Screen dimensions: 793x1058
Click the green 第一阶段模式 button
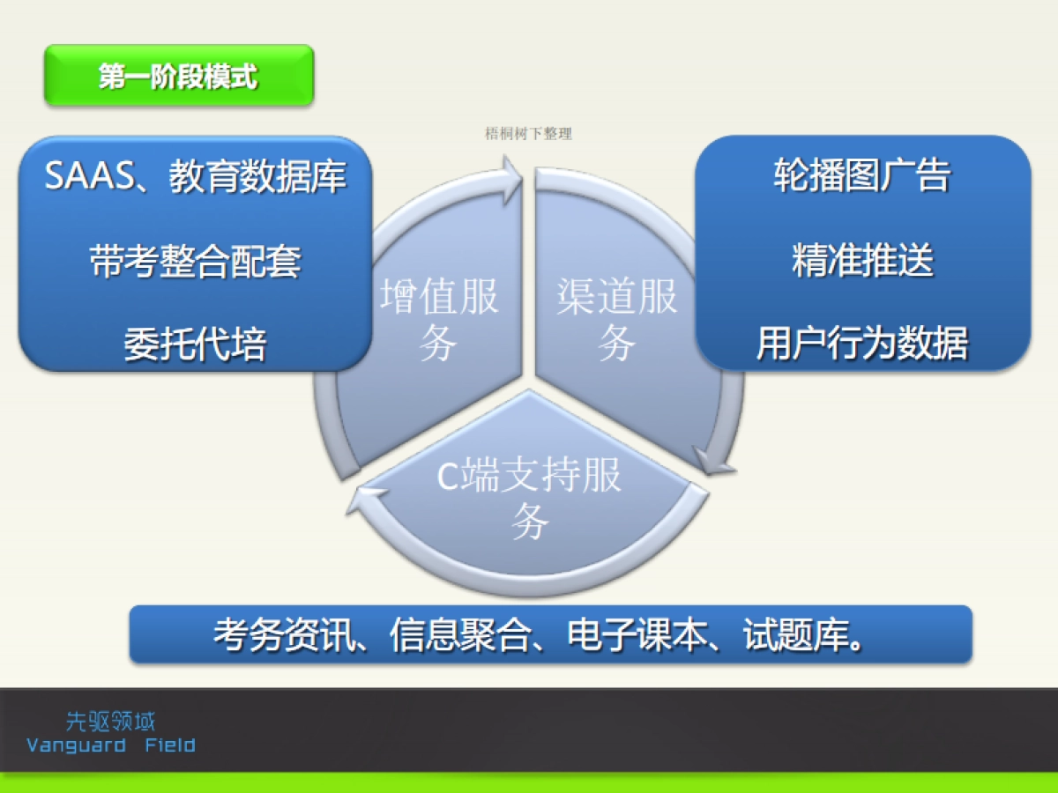179,77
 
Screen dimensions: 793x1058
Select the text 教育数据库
258,176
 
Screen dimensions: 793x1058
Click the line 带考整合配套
195,261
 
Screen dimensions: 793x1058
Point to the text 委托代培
195,344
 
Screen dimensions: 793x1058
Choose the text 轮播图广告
862,176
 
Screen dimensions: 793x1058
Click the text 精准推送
862,261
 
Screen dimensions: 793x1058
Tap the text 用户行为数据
862,344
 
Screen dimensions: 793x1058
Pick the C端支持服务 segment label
530,499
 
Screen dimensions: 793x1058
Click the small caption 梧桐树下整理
529,134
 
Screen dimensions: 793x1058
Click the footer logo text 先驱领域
111,723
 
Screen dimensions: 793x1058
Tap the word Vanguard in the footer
76,745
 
